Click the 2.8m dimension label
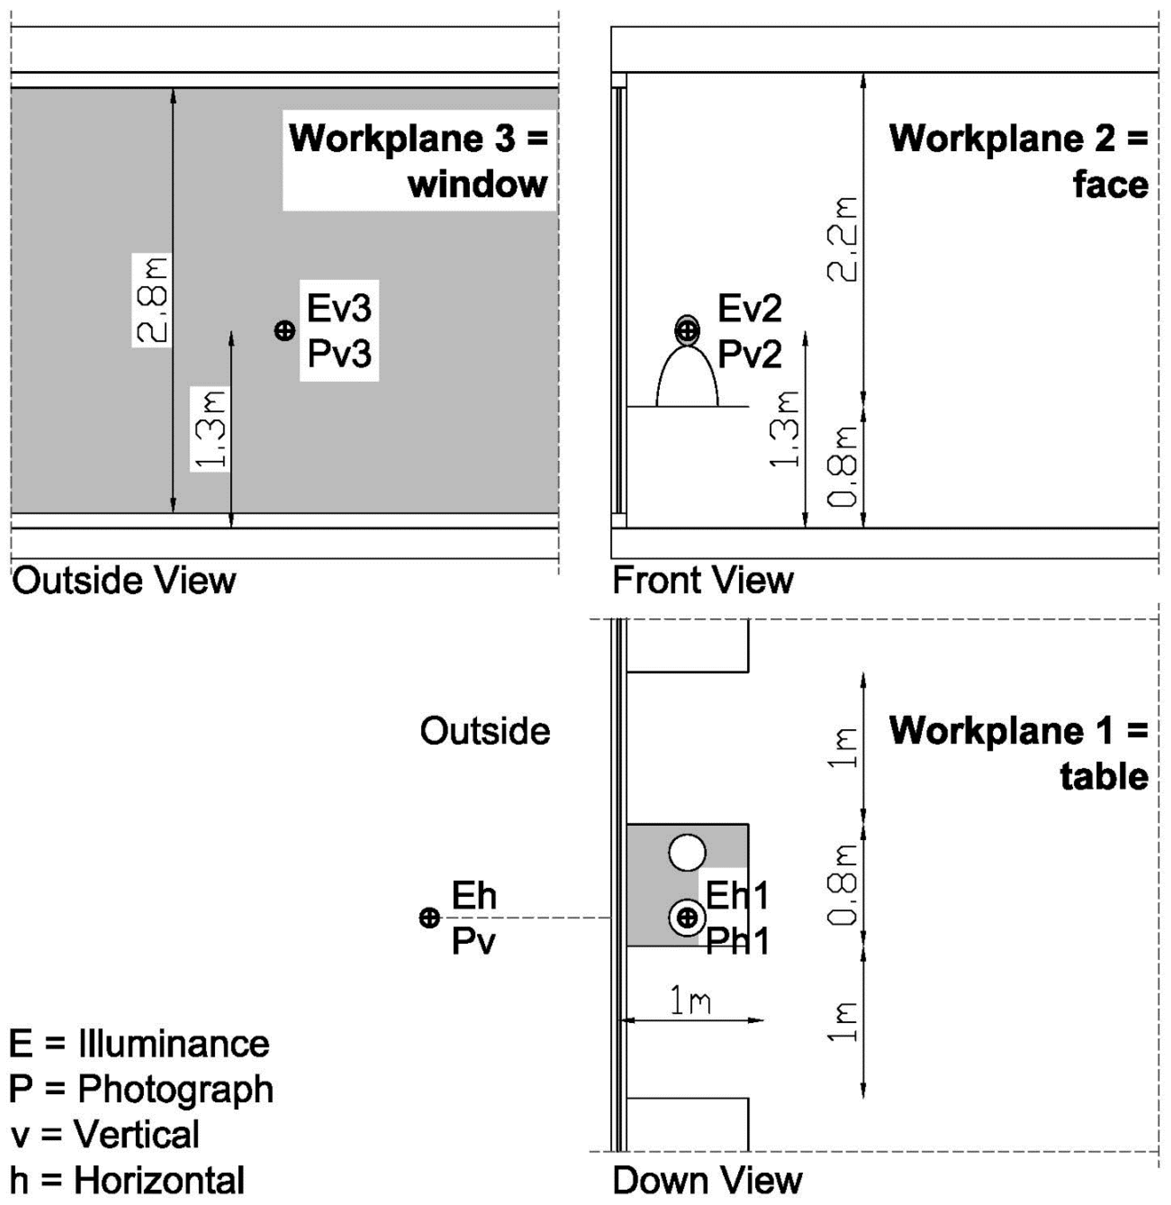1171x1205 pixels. click(152, 299)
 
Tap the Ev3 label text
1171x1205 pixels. click(339, 308)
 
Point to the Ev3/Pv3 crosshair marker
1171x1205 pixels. click(284, 331)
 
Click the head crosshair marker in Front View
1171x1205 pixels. click(687, 331)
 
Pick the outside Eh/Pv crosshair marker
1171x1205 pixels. click(429, 918)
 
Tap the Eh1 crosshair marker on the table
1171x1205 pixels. click(687, 918)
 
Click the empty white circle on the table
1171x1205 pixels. click(687, 853)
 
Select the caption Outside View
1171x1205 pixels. click(124, 580)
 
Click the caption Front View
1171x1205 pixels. click(703, 580)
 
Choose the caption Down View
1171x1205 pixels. click(707, 1181)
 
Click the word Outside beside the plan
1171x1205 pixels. click(485, 731)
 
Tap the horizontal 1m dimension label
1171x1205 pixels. click(690, 1001)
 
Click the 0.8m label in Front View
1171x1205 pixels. click(841, 467)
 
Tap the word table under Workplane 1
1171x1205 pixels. click(1104, 776)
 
